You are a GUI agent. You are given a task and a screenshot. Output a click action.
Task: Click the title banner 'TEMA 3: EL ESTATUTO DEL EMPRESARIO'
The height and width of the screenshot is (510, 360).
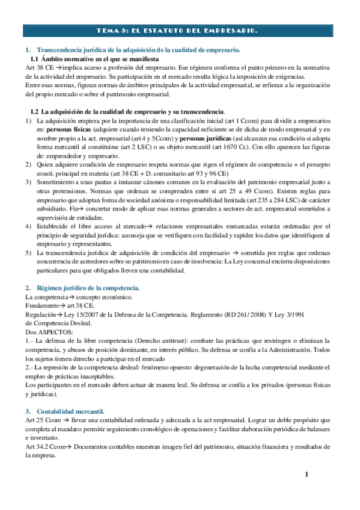(180, 30)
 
